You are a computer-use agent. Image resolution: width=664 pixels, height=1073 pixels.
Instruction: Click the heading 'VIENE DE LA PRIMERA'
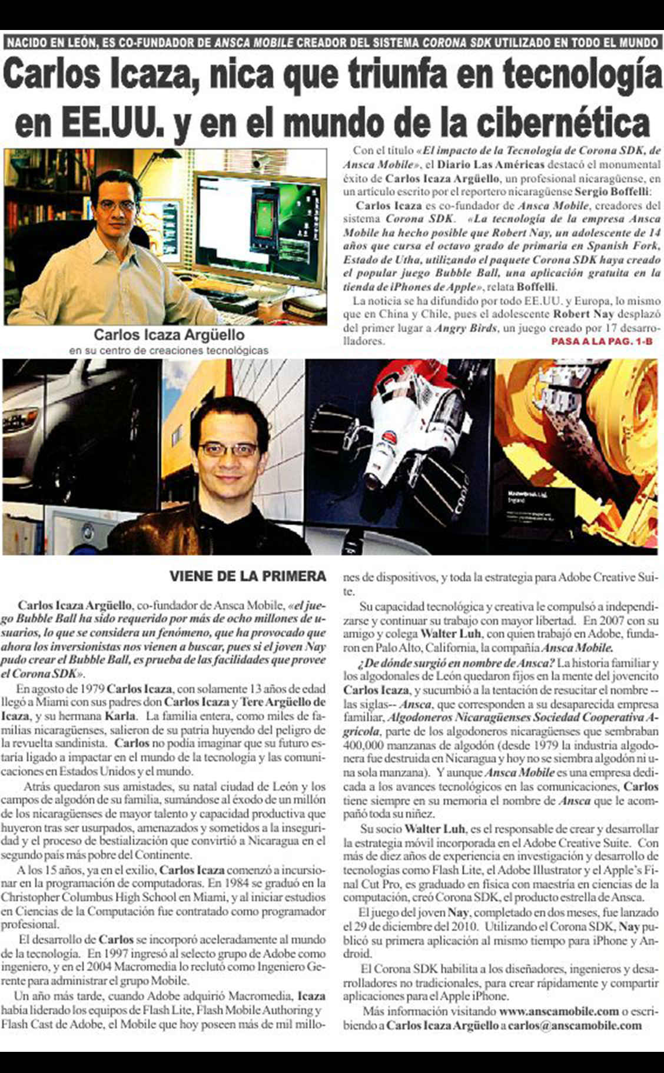pos(247,576)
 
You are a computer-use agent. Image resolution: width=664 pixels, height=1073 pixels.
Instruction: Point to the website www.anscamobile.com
pos(559,1011)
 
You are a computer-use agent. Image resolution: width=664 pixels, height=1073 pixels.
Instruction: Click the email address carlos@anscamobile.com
pos(575,1025)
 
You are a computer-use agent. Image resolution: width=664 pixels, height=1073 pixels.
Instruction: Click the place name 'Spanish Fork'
pos(623,246)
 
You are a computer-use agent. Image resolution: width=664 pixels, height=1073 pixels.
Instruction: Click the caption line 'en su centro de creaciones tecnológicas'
pos(169,350)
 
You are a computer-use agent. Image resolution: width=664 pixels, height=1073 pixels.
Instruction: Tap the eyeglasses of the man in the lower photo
pos(228,450)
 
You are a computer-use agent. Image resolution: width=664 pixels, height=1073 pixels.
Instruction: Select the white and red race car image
pos(396,453)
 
